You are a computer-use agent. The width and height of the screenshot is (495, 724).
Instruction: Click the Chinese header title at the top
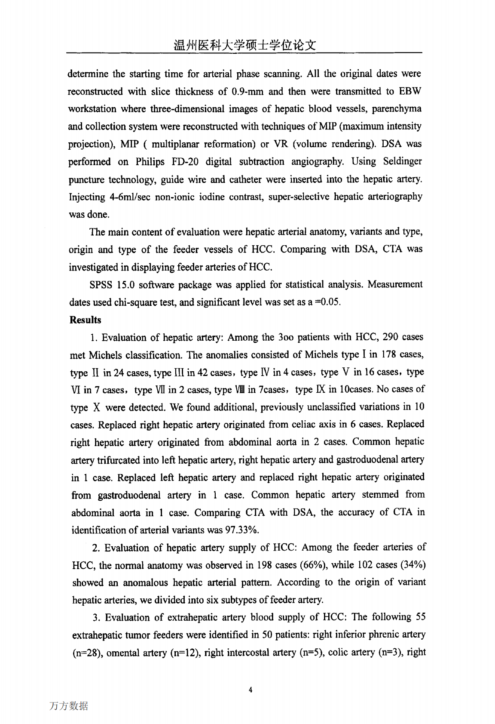(x=244, y=45)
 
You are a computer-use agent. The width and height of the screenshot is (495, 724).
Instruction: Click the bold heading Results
(x=86, y=320)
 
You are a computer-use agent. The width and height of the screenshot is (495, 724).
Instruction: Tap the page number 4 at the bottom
(x=251, y=690)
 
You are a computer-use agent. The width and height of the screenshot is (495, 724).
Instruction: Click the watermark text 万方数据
(x=69, y=706)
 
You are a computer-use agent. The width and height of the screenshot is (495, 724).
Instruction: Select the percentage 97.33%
(x=242, y=530)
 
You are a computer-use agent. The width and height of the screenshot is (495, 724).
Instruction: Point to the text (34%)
(x=413, y=565)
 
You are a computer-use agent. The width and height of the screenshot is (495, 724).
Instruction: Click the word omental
(x=123, y=653)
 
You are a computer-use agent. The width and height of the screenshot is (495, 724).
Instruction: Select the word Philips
(x=150, y=162)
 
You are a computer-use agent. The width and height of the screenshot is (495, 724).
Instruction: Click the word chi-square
(x=145, y=302)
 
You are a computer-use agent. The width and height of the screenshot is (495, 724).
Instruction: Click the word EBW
(x=410, y=92)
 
